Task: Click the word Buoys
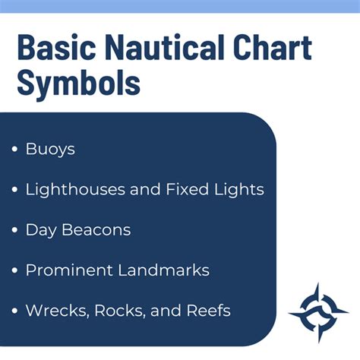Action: click(x=50, y=149)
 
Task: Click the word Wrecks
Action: click(x=55, y=311)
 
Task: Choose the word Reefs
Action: click(x=206, y=311)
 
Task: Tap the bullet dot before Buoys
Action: click(x=15, y=150)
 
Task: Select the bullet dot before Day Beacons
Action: click(x=15, y=230)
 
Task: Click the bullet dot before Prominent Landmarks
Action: click(x=15, y=270)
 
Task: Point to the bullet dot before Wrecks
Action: click(x=15, y=311)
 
